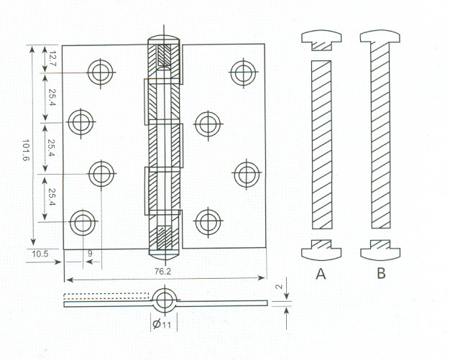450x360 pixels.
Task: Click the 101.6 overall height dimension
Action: pos(26,150)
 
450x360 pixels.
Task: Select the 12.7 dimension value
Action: pos(52,58)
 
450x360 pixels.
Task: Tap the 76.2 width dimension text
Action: pos(162,272)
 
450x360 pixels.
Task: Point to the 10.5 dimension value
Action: pos(40,254)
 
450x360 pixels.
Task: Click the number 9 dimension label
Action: pos(90,254)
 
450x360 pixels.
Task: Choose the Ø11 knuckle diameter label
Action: pos(162,324)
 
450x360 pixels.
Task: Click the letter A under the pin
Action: pos(321,274)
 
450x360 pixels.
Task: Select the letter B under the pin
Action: pos(381,273)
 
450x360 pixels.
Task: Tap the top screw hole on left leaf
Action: pos(101,73)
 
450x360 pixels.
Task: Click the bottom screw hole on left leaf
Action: pos(83,223)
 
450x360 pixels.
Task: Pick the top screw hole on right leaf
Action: pos(244,72)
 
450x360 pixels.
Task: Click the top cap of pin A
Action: pos(321,40)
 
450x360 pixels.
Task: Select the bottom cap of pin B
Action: pos(380,249)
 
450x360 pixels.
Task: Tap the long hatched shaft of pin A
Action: pos(322,144)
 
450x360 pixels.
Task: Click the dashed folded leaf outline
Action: pos(106,296)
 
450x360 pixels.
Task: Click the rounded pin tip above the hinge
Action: pos(164,40)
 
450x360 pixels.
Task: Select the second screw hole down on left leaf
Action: pos(81,122)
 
